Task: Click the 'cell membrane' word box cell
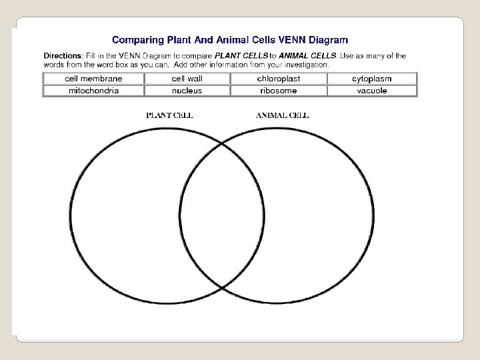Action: pos(93,79)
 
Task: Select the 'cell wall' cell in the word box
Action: pos(187,79)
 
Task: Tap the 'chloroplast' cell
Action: pos(279,79)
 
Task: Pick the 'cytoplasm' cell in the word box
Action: pos(371,79)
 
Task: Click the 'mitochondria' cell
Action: pos(93,91)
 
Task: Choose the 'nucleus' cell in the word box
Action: pos(187,91)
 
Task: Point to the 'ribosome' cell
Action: pos(279,91)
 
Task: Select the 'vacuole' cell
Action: pos(371,91)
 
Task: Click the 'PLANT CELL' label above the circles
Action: pos(169,115)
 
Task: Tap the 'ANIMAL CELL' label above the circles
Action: pos(282,115)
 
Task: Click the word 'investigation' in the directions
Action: pos(305,65)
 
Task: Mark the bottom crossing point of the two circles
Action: pos(222,287)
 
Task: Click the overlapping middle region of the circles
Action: pos(222,215)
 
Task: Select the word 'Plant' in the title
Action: pos(175,40)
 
